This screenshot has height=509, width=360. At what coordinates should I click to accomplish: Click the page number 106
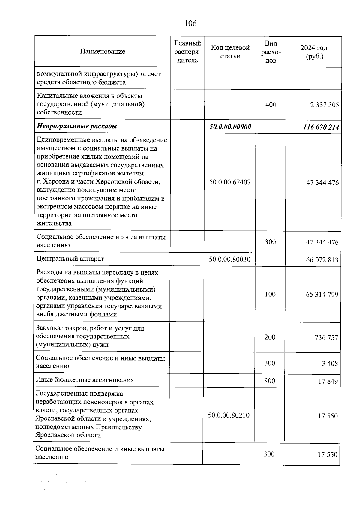tap(190, 23)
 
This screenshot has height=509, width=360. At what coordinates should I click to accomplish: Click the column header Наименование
tap(103, 52)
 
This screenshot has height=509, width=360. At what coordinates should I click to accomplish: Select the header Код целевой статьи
tap(230, 52)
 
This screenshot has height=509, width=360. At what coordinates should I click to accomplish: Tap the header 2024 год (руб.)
tap(314, 52)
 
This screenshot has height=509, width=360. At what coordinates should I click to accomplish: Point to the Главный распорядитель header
tap(188, 52)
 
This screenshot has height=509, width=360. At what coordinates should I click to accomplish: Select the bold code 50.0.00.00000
tap(230, 127)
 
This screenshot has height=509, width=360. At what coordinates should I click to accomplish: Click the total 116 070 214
tap(321, 127)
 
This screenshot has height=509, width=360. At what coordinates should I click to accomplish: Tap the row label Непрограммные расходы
tap(77, 126)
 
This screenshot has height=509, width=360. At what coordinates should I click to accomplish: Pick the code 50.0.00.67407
tap(230, 182)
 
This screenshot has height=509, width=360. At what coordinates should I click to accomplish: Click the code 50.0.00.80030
tap(229, 259)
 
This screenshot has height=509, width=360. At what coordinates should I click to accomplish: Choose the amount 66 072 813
tap(322, 260)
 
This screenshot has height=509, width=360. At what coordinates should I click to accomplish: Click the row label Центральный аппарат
tap(70, 259)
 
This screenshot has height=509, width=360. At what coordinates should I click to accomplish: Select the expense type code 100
tap(270, 294)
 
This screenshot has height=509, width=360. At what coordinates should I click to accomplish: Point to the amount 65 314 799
tap(322, 295)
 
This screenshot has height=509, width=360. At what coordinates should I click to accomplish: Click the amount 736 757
tap(326, 338)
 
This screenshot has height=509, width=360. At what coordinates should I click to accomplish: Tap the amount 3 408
tap(330, 364)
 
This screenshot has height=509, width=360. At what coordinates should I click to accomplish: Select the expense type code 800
tap(270, 381)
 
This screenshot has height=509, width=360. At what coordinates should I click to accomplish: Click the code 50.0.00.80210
tap(229, 415)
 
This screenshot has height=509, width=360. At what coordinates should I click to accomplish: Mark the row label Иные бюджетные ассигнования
tap(85, 380)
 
